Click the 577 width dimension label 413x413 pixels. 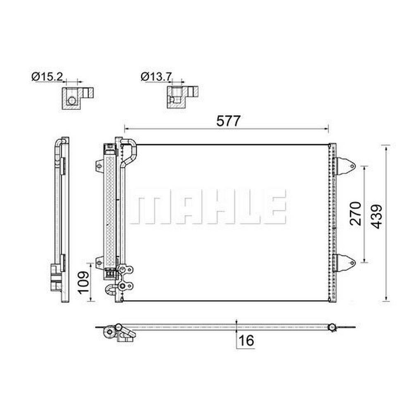click(228, 121)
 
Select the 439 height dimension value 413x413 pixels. click(377, 216)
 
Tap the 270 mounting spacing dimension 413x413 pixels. click(356, 214)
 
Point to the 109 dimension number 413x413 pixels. click(84, 282)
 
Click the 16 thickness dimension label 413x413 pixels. click(246, 340)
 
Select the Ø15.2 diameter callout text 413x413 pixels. click(47, 77)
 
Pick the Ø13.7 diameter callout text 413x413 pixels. click(156, 77)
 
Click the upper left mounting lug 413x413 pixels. click(99, 166)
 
